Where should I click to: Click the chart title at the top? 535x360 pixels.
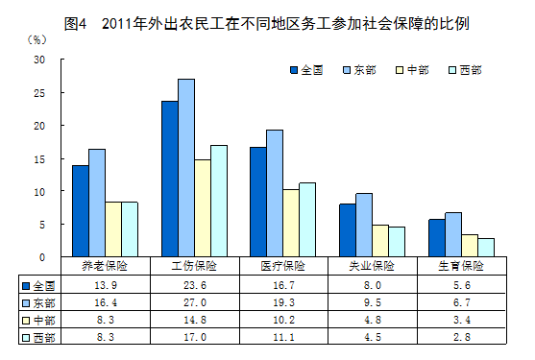coord(268,21)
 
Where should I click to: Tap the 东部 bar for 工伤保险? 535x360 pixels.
coord(186,168)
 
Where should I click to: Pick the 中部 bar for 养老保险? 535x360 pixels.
coord(113,229)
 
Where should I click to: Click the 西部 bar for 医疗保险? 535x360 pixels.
coord(307,220)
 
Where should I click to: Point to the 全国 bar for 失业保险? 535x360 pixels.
coord(347,230)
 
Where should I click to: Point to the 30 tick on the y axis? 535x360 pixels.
coord(40,60)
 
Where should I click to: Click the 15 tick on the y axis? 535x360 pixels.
coord(40,158)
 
